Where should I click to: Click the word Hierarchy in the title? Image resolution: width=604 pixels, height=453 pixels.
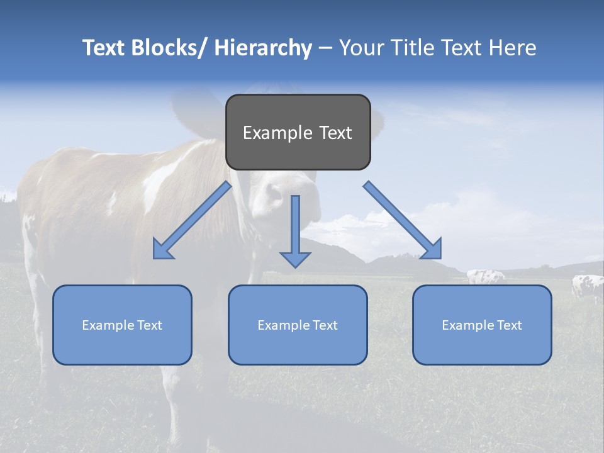(x=263, y=48)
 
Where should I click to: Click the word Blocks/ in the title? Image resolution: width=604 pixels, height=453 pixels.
(x=171, y=48)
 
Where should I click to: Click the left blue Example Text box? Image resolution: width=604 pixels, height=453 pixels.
(x=122, y=325)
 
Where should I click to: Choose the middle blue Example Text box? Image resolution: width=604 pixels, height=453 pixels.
(x=298, y=325)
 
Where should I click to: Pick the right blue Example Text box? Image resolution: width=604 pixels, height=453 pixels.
(x=482, y=325)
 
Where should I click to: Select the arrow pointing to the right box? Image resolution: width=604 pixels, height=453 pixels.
(x=403, y=221)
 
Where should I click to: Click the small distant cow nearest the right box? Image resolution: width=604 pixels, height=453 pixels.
(x=486, y=276)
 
